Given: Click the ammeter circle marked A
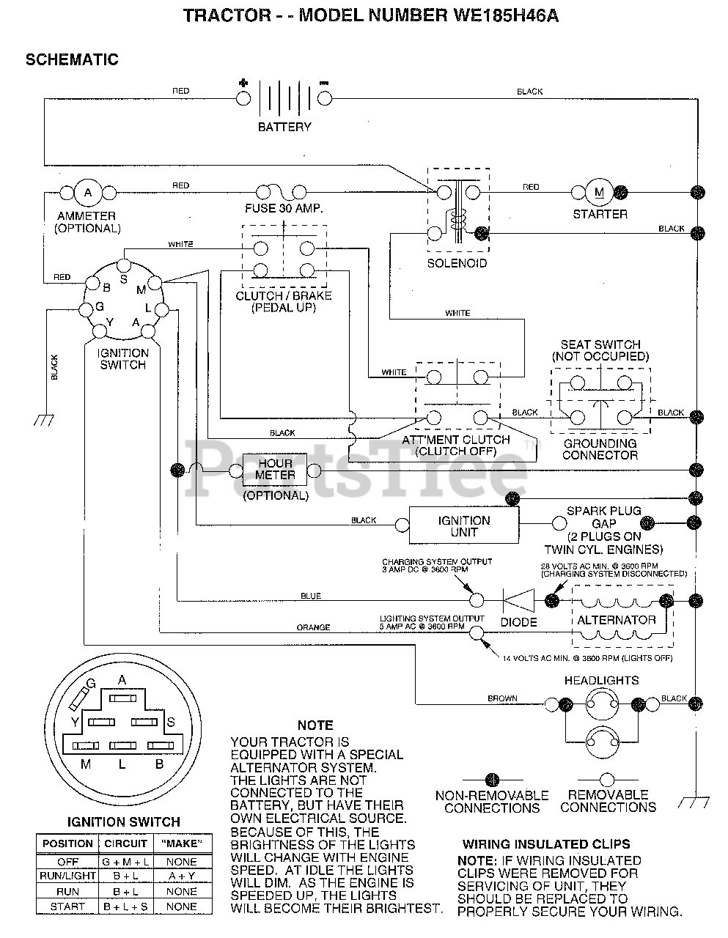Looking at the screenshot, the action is (x=88, y=193).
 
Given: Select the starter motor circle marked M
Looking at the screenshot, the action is (x=599, y=192).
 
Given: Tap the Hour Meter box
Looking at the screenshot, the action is (x=275, y=470).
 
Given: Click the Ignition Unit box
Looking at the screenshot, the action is (x=464, y=525).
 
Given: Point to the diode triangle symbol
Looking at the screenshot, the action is (x=519, y=600).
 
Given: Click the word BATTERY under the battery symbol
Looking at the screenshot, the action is (x=284, y=127).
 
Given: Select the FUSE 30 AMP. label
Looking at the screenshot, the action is (x=284, y=209).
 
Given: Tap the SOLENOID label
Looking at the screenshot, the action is (x=457, y=263).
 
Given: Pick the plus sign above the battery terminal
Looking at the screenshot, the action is (x=243, y=83).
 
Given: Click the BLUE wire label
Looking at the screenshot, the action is (x=311, y=596).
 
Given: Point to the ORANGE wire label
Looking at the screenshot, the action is (x=313, y=627).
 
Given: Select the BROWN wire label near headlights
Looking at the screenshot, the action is (x=502, y=698).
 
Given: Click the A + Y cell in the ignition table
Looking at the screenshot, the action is (x=182, y=876).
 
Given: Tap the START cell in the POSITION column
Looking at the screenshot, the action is (x=67, y=906).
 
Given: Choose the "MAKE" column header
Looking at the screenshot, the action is (x=182, y=843).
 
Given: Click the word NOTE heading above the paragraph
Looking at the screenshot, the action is (x=315, y=725).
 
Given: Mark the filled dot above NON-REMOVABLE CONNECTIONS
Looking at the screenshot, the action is (x=492, y=780).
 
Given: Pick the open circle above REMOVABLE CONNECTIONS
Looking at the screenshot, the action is (x=607, y=780).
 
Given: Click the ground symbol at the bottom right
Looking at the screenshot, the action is (x=694, y=802).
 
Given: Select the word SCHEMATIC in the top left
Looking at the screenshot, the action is (x=72, y=59).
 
